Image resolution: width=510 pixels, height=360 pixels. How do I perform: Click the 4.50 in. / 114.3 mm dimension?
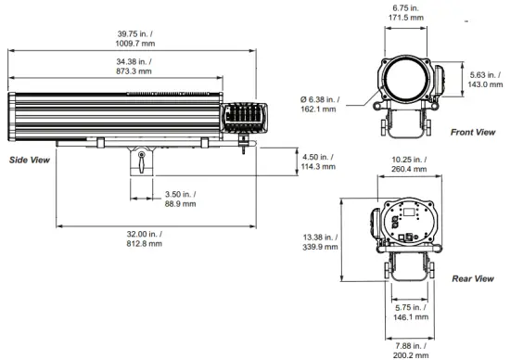(x=320, y=161)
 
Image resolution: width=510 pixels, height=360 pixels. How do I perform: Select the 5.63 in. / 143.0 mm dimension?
(x=485, y=80)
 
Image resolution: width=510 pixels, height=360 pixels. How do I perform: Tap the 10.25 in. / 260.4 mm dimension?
(x=406, y=164)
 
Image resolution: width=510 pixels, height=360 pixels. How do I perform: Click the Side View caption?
(x=29, y=161)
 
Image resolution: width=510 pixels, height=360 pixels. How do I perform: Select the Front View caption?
(x=473, y=133)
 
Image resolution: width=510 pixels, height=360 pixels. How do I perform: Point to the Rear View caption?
(x=472, y=278)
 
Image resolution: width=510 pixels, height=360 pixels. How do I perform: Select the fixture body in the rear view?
(x=406, y=224)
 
